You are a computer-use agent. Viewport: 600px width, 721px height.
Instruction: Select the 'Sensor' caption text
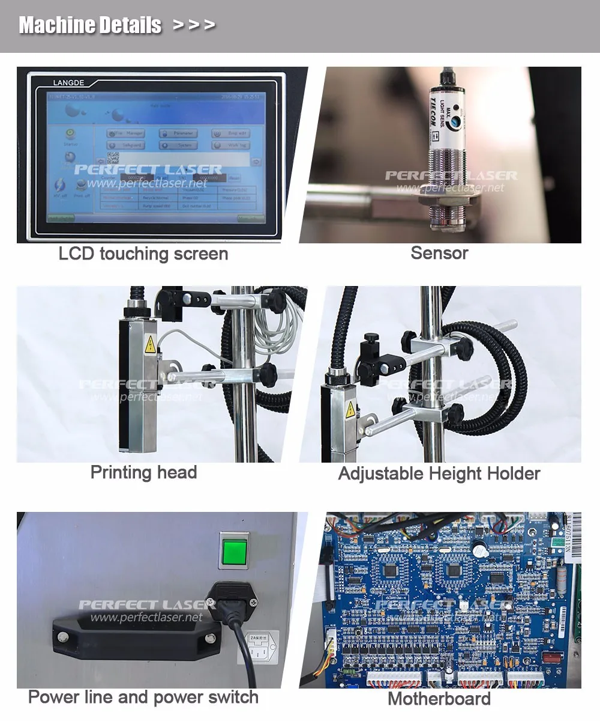pyautogui.click(x=439, y=253)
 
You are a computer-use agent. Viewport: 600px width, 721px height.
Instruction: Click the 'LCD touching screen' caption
pyautogui.click(x=143, y=254)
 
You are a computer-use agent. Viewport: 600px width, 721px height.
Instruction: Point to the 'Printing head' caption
pyautogui.click(x=143, y=472)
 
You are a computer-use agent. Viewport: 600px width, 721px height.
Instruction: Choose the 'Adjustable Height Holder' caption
pyautogui.click(x=439, y=473)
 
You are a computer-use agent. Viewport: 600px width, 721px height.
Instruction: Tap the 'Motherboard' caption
pyautogui.click(x=439, y=699)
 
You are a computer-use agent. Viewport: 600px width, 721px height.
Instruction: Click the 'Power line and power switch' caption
pyautogui.click(x=143, y=698)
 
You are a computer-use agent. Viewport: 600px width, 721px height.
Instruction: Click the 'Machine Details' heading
pyautogui.click(x=90, y=25)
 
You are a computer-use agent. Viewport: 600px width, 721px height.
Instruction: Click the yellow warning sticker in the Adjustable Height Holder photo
pyautogui.click(x=350, y=410)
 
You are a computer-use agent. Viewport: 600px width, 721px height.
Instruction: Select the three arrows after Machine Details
pyautogui.click(x=193, y=25)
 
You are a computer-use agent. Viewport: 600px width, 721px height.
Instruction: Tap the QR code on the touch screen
pyautogui.click(x=113, y=158)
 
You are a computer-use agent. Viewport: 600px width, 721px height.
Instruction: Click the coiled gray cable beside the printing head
pyautogui.click(x=275, y=327)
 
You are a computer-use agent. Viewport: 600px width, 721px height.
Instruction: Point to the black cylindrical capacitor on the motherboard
pyautogui.click(x=478, y=547)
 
